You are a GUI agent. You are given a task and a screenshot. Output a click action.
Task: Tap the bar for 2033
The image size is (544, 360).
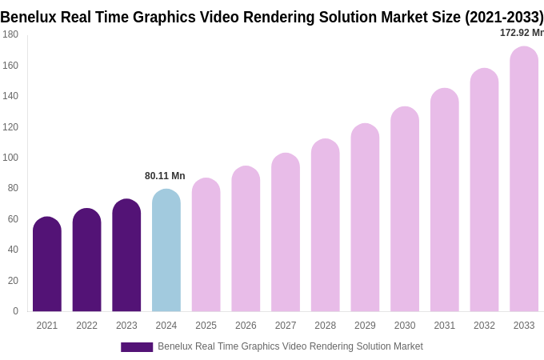coord(524,179)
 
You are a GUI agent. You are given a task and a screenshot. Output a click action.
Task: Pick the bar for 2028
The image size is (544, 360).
coord(326,226)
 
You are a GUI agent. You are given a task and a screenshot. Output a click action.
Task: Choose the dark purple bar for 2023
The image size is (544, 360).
coord(126,255)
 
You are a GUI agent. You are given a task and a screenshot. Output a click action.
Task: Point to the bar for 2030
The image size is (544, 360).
coord(405,210)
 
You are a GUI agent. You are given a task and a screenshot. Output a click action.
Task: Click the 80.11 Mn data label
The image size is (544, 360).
coord(165,176)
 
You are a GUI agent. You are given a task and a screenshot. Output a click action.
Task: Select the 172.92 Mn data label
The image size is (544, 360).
coord(521,33)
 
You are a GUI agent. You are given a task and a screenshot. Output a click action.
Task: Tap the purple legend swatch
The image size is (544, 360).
coord(137,347)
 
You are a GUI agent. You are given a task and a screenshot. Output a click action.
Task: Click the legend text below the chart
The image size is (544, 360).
coord(290,346)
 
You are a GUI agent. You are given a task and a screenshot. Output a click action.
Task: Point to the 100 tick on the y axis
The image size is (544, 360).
coord(10,158)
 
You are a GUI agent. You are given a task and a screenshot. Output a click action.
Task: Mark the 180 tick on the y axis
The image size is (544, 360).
coord(10,34)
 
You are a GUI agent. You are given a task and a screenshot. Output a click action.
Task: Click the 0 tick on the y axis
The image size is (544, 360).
coord(15,311)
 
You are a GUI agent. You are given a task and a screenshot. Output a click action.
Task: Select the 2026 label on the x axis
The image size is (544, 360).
coord(246,326)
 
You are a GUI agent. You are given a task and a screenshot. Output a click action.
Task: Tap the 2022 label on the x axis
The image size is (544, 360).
coord(86,326)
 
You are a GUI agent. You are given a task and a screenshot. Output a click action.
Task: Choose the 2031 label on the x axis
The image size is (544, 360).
coord(444,326)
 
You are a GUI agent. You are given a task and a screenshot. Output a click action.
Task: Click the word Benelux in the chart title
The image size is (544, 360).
coord(29,17)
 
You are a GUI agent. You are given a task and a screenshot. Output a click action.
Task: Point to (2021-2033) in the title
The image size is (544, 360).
coord(504,17)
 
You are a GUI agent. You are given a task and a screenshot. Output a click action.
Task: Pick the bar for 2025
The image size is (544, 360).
coord(206,245)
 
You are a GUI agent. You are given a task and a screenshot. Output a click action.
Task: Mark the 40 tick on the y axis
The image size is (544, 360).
coord(13,250)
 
